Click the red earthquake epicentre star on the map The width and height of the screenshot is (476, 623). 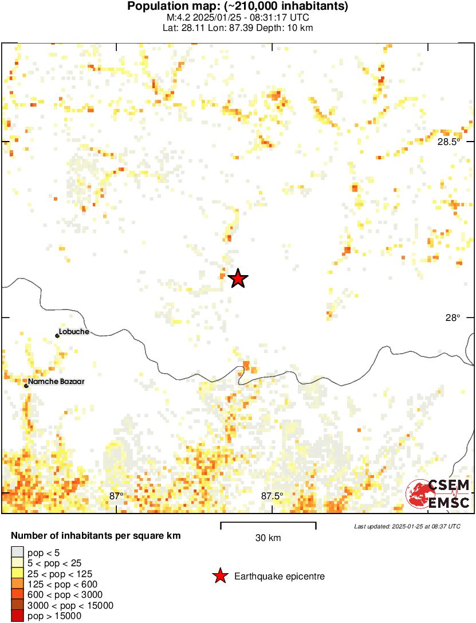(x=238, y=279)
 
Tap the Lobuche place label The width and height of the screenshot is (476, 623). (x=74, y=332)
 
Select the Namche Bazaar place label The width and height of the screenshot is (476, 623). (x=57, y=381)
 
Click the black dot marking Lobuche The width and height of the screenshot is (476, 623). (x=57, y=335)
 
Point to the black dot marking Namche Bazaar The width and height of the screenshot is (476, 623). (x=26, y=386)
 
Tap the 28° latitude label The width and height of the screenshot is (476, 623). (x=453, y=318)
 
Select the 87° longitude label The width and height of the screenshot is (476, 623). (x=116, y=496)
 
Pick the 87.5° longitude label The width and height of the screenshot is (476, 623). (x=272, y=496)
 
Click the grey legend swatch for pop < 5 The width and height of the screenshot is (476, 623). (x=17, y=553)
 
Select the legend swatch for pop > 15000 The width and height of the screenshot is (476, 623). (x=17, y=616)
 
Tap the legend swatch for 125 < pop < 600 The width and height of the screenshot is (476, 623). (x=17, y=585)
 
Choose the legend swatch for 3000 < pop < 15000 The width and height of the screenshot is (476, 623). (x=17, y=606)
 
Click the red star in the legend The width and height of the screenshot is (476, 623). (x=219, y=576)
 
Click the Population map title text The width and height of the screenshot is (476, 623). (x=238, y=7)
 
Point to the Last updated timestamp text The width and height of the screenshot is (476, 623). (x=407, y=526)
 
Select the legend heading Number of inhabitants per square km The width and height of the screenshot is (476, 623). (x=96, y=536)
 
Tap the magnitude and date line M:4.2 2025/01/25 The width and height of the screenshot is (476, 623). (x=238, y=17)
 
